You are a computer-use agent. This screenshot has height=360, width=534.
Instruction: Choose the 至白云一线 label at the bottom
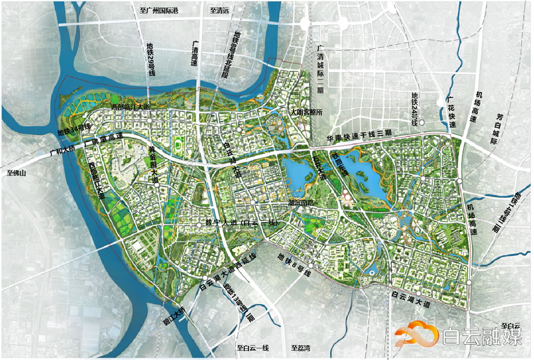(253, 348)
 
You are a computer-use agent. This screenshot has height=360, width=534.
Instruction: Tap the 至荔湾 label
(303, 348)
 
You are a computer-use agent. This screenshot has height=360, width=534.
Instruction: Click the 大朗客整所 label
(308, 113)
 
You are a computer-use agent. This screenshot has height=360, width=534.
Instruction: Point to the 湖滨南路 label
(301, 203)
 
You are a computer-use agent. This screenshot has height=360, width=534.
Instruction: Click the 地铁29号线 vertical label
(151, 59)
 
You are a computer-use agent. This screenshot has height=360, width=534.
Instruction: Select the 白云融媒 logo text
(482, 336)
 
